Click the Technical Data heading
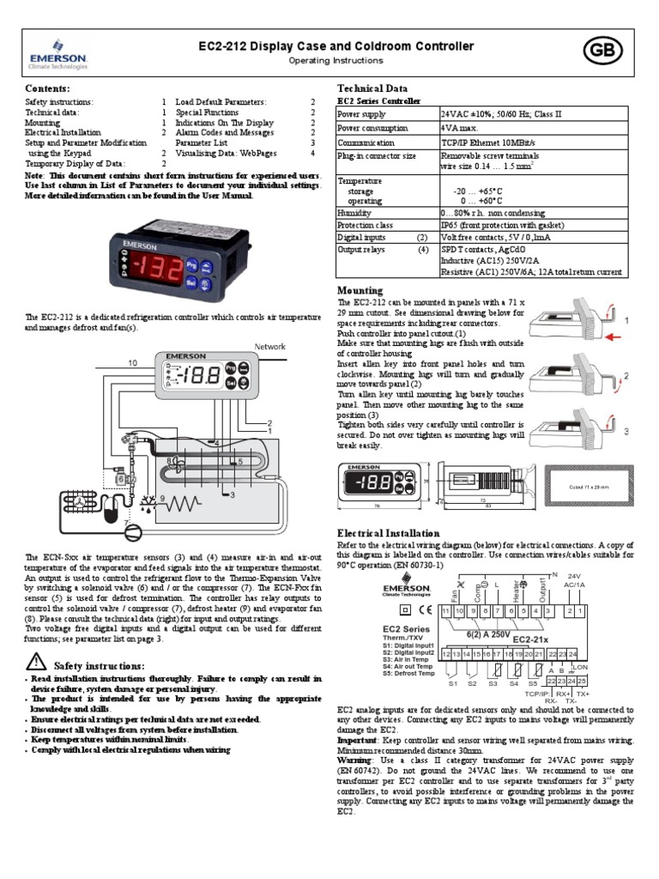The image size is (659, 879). pos(372,88)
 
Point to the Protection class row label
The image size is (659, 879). pos(366,224)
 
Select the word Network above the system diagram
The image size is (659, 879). pos(269,347)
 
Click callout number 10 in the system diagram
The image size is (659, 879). pos(132,364)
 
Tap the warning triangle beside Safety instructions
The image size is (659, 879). pos(36,661)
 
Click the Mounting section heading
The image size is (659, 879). pos(360,290)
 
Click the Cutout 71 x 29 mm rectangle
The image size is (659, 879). pos(588,486)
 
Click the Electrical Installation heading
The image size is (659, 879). pos(389,533)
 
